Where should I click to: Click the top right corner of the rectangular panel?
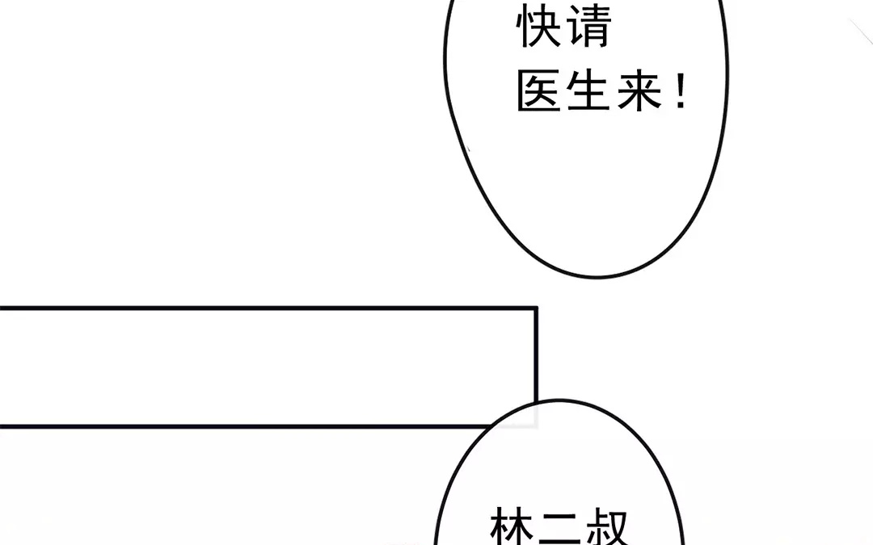point(536,308)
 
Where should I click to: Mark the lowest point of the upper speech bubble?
point(597,276)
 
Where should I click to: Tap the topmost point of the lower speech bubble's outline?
point(559,400)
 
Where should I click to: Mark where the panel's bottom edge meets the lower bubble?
point(491,426)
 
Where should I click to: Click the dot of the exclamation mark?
point(681,104)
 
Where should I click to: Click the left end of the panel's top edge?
point(0,308)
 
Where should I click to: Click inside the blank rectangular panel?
point(268,367)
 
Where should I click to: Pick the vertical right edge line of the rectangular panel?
point(536,354)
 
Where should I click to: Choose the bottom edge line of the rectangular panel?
point(246,426)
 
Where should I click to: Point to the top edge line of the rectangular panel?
point(268,308)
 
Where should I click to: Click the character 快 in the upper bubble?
point(538,26)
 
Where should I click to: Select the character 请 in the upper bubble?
point(589,26)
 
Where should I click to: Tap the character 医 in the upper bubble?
point(538,90)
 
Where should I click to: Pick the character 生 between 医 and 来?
point(588,90)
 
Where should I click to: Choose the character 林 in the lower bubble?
point(512,526)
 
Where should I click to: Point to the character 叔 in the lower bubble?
point(608,526)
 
